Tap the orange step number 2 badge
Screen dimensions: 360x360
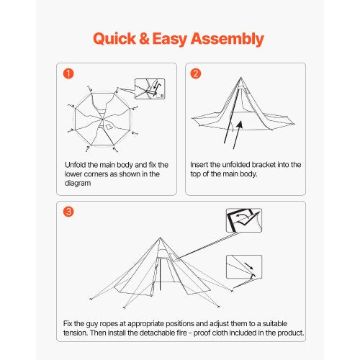tap(195, 73)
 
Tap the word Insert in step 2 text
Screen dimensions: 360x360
tap(202, 165)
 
